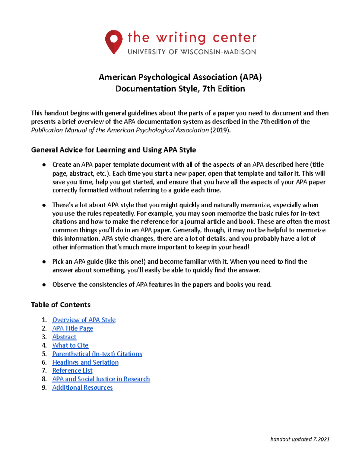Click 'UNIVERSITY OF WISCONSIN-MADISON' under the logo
tap(192, 52)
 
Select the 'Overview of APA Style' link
tap(84, 320)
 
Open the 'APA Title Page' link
tap(72, 328)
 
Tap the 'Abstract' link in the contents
tap(64, 337)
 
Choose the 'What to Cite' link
tap(70, 345)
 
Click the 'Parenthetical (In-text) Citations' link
tap(97, 354)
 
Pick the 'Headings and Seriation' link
tap(85, 362)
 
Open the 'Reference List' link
tap(72, 370)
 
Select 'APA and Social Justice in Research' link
tap(101, 379)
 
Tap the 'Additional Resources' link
tap(82, 387)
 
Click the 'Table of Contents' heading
tap(61, 305)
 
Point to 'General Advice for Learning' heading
tap(113, 150)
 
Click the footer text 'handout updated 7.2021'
tap(300, 439)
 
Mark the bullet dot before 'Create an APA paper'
tap(44, 165)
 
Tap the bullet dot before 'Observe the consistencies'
tap(44, 285)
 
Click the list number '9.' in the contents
tap(44, 387)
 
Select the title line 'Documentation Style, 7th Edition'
tap(180, 89)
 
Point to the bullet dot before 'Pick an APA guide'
tap(44, 262)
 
